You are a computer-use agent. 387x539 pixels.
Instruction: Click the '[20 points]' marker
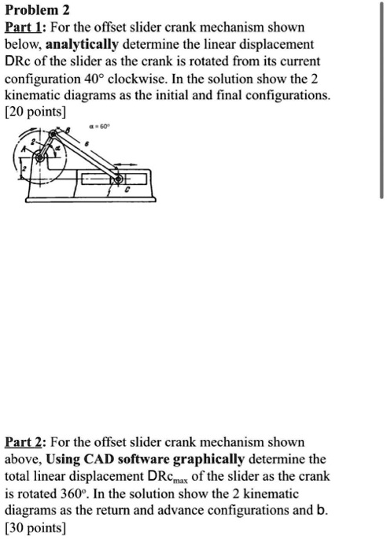coord(35,113)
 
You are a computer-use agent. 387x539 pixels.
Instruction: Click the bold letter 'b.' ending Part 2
coord(322,511)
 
